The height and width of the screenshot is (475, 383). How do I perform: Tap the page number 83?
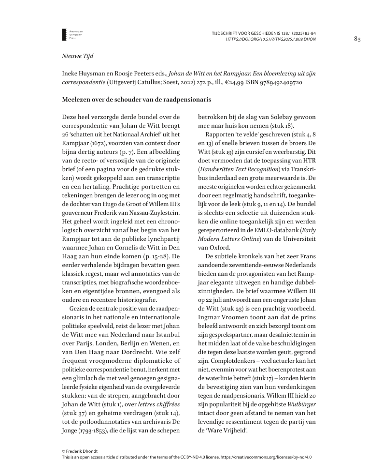click(x=357, y=39)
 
